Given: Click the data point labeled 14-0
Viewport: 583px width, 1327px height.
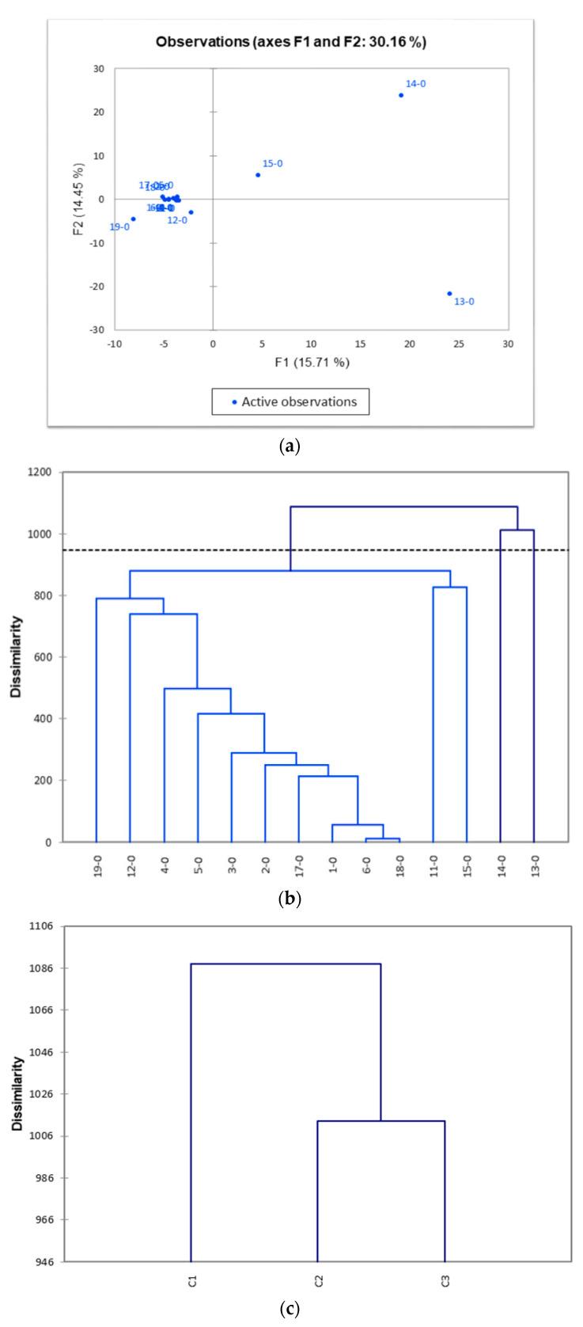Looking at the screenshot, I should pos(401,95).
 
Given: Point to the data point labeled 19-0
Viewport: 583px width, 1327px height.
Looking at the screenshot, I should pos(133,219).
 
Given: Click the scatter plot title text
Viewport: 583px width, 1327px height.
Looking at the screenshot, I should pos(291,43).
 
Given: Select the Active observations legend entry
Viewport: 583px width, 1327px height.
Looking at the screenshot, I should pos(290,401).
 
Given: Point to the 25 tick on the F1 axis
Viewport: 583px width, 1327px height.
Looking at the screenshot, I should pos(459,344).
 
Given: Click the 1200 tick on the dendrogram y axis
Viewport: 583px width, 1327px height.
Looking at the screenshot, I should pos(40,473).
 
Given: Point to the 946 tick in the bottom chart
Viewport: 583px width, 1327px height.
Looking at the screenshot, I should pos(41,1261).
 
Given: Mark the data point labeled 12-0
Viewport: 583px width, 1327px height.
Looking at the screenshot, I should pos(191,212).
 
